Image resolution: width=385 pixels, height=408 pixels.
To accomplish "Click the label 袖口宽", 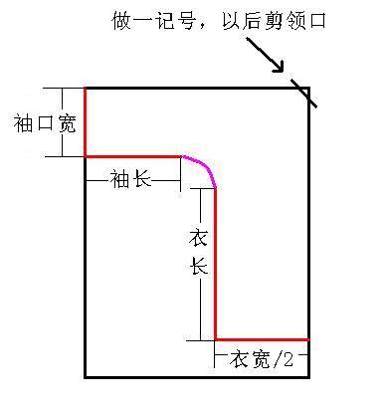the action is click(45, 123).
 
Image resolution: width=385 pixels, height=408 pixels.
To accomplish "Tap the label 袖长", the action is click(130, 179).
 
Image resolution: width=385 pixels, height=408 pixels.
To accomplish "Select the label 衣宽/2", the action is click(262, 358).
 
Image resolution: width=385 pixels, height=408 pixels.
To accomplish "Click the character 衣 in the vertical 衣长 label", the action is click(198, 237).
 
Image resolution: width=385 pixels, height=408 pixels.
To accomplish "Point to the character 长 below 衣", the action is click(199, 265).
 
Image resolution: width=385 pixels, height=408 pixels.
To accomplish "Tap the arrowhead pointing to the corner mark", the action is click(279, 67).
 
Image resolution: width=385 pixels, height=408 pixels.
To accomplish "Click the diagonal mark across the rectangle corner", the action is click(303, 93).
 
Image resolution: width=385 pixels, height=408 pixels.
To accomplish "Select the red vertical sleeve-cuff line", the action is click(86, 122).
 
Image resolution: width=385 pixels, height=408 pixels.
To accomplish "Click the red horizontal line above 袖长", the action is click(133, 156).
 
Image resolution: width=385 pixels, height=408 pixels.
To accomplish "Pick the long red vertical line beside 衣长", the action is click(216, 265).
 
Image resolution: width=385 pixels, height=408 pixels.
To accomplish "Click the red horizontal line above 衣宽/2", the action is click(262, 339).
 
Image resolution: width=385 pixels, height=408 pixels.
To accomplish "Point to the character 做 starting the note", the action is click(121, 21).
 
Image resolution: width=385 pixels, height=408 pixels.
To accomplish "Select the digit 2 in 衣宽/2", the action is click(288, 359).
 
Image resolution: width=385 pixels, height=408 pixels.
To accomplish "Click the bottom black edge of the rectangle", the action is click(197, 377).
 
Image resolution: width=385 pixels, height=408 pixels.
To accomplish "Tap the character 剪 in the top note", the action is click(275, 21).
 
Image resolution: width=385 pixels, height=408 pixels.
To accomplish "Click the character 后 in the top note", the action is click(253, 21).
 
